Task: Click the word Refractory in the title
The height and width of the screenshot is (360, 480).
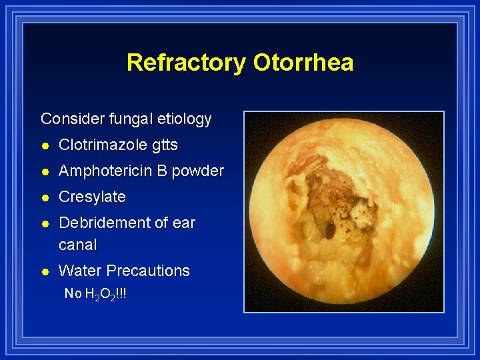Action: click(x=186, y=63)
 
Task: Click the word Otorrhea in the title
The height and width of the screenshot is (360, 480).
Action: click(x=303, y=63)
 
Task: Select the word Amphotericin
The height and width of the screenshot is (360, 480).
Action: click(x=107, y=171)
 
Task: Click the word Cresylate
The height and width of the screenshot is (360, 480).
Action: click(x=92, y=197)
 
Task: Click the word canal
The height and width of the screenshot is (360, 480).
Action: click(x=77, y=245)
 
